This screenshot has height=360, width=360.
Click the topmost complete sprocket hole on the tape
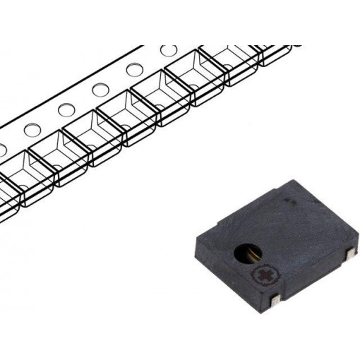coord(169,51)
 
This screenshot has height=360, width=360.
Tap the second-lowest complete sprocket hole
coord(66,109)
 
